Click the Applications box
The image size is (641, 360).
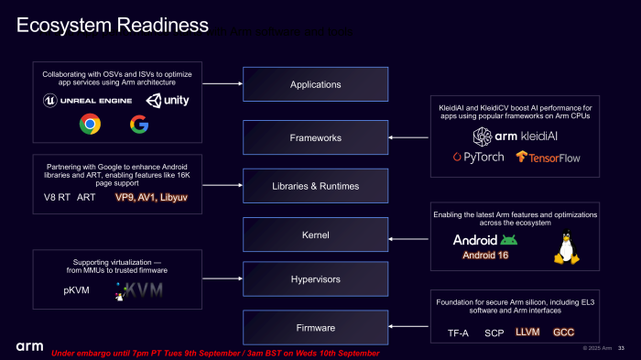(x=315, y=84)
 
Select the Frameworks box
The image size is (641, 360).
(x=315, y=137)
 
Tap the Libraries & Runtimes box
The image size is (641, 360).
(x=315, y=187)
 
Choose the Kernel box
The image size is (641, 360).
(x=315, y=235)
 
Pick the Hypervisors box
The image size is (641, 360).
(x=315, y=278)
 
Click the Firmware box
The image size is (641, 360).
(x=315, y=327)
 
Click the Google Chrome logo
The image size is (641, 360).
(x=90, y=124)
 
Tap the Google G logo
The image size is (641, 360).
(x=139, y=124)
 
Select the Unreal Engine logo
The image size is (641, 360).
(x=85, y=100)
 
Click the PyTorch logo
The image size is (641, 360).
(x=478, y=157)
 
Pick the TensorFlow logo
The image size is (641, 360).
(x=548, y=157)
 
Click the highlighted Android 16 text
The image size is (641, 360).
(x=485, y=255)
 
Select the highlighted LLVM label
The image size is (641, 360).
(x=528, y=333)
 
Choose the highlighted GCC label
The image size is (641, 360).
(x=563, y=333)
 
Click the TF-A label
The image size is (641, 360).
(x=458, y=333)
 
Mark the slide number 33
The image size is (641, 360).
(x=622, y=347)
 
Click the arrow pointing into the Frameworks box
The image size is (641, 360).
(x=407, y=137)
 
